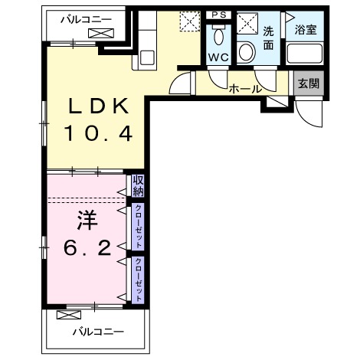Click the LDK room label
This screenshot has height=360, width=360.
[x=98, y=106]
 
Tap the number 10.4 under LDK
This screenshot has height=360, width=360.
[x=98, y=133]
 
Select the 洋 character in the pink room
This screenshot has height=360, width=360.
[x=87, y=220]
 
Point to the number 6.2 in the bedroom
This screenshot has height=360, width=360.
[x=87, y=248]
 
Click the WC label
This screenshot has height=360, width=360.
[x=218, y=57]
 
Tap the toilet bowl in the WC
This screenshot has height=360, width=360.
[x=218, y=35]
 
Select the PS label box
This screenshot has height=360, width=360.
[x=219, y=15]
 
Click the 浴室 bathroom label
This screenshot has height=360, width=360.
[x=306, y=30]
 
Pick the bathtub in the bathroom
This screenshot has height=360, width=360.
[x=305, y=54]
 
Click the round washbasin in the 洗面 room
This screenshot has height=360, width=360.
[x=247, y=52]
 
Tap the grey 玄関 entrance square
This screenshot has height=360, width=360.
[x=309, y=83]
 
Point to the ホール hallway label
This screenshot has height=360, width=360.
[x=245, y=90]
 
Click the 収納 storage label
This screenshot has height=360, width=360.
[x=138, y=186]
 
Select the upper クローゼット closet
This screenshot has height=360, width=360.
[x=138, y=227]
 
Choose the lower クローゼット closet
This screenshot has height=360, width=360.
[x=138, y=280]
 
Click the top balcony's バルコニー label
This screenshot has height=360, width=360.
[x=86, y=20]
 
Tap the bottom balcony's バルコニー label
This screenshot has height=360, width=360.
[x=98, y=332]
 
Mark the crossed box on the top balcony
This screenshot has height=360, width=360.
[x=101, y=34]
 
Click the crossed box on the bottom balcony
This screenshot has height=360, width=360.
[x=69, y=315]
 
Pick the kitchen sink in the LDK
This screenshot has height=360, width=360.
[x=147, y=57]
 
